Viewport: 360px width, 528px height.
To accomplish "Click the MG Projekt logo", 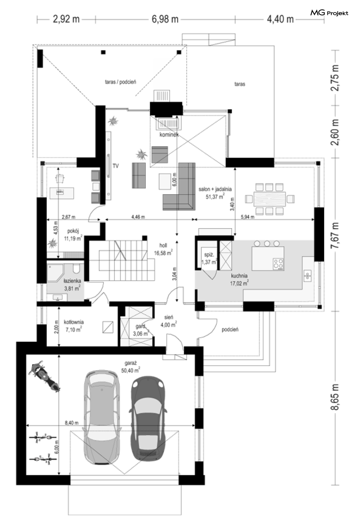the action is click(x=329, y=13).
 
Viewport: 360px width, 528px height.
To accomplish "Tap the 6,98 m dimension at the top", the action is click(x=165, y=19).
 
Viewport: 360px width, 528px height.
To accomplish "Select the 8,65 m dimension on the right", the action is click(x=335, y=397).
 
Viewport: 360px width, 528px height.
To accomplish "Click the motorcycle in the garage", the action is click(x=44, y=376).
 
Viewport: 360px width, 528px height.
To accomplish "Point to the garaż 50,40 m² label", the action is click(x=130, y=367).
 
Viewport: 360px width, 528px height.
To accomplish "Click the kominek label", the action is click(x=169, y=135).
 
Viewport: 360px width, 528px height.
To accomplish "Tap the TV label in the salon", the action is click(x=115, y=166).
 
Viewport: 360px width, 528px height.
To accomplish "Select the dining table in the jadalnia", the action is click(x=270, y=199).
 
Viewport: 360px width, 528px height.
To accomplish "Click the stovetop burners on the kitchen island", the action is click(x=278, y=264).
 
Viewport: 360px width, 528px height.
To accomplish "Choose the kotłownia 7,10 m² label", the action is click(x=73, y=326).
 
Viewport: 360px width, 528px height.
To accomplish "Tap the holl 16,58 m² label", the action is click(x=163, y=249).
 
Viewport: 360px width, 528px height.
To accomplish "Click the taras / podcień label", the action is click(x=120, y=82).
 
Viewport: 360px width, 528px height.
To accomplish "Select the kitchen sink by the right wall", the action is click(x=308, y=276).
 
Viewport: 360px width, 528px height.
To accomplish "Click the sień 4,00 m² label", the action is click(x=169, y=321).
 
